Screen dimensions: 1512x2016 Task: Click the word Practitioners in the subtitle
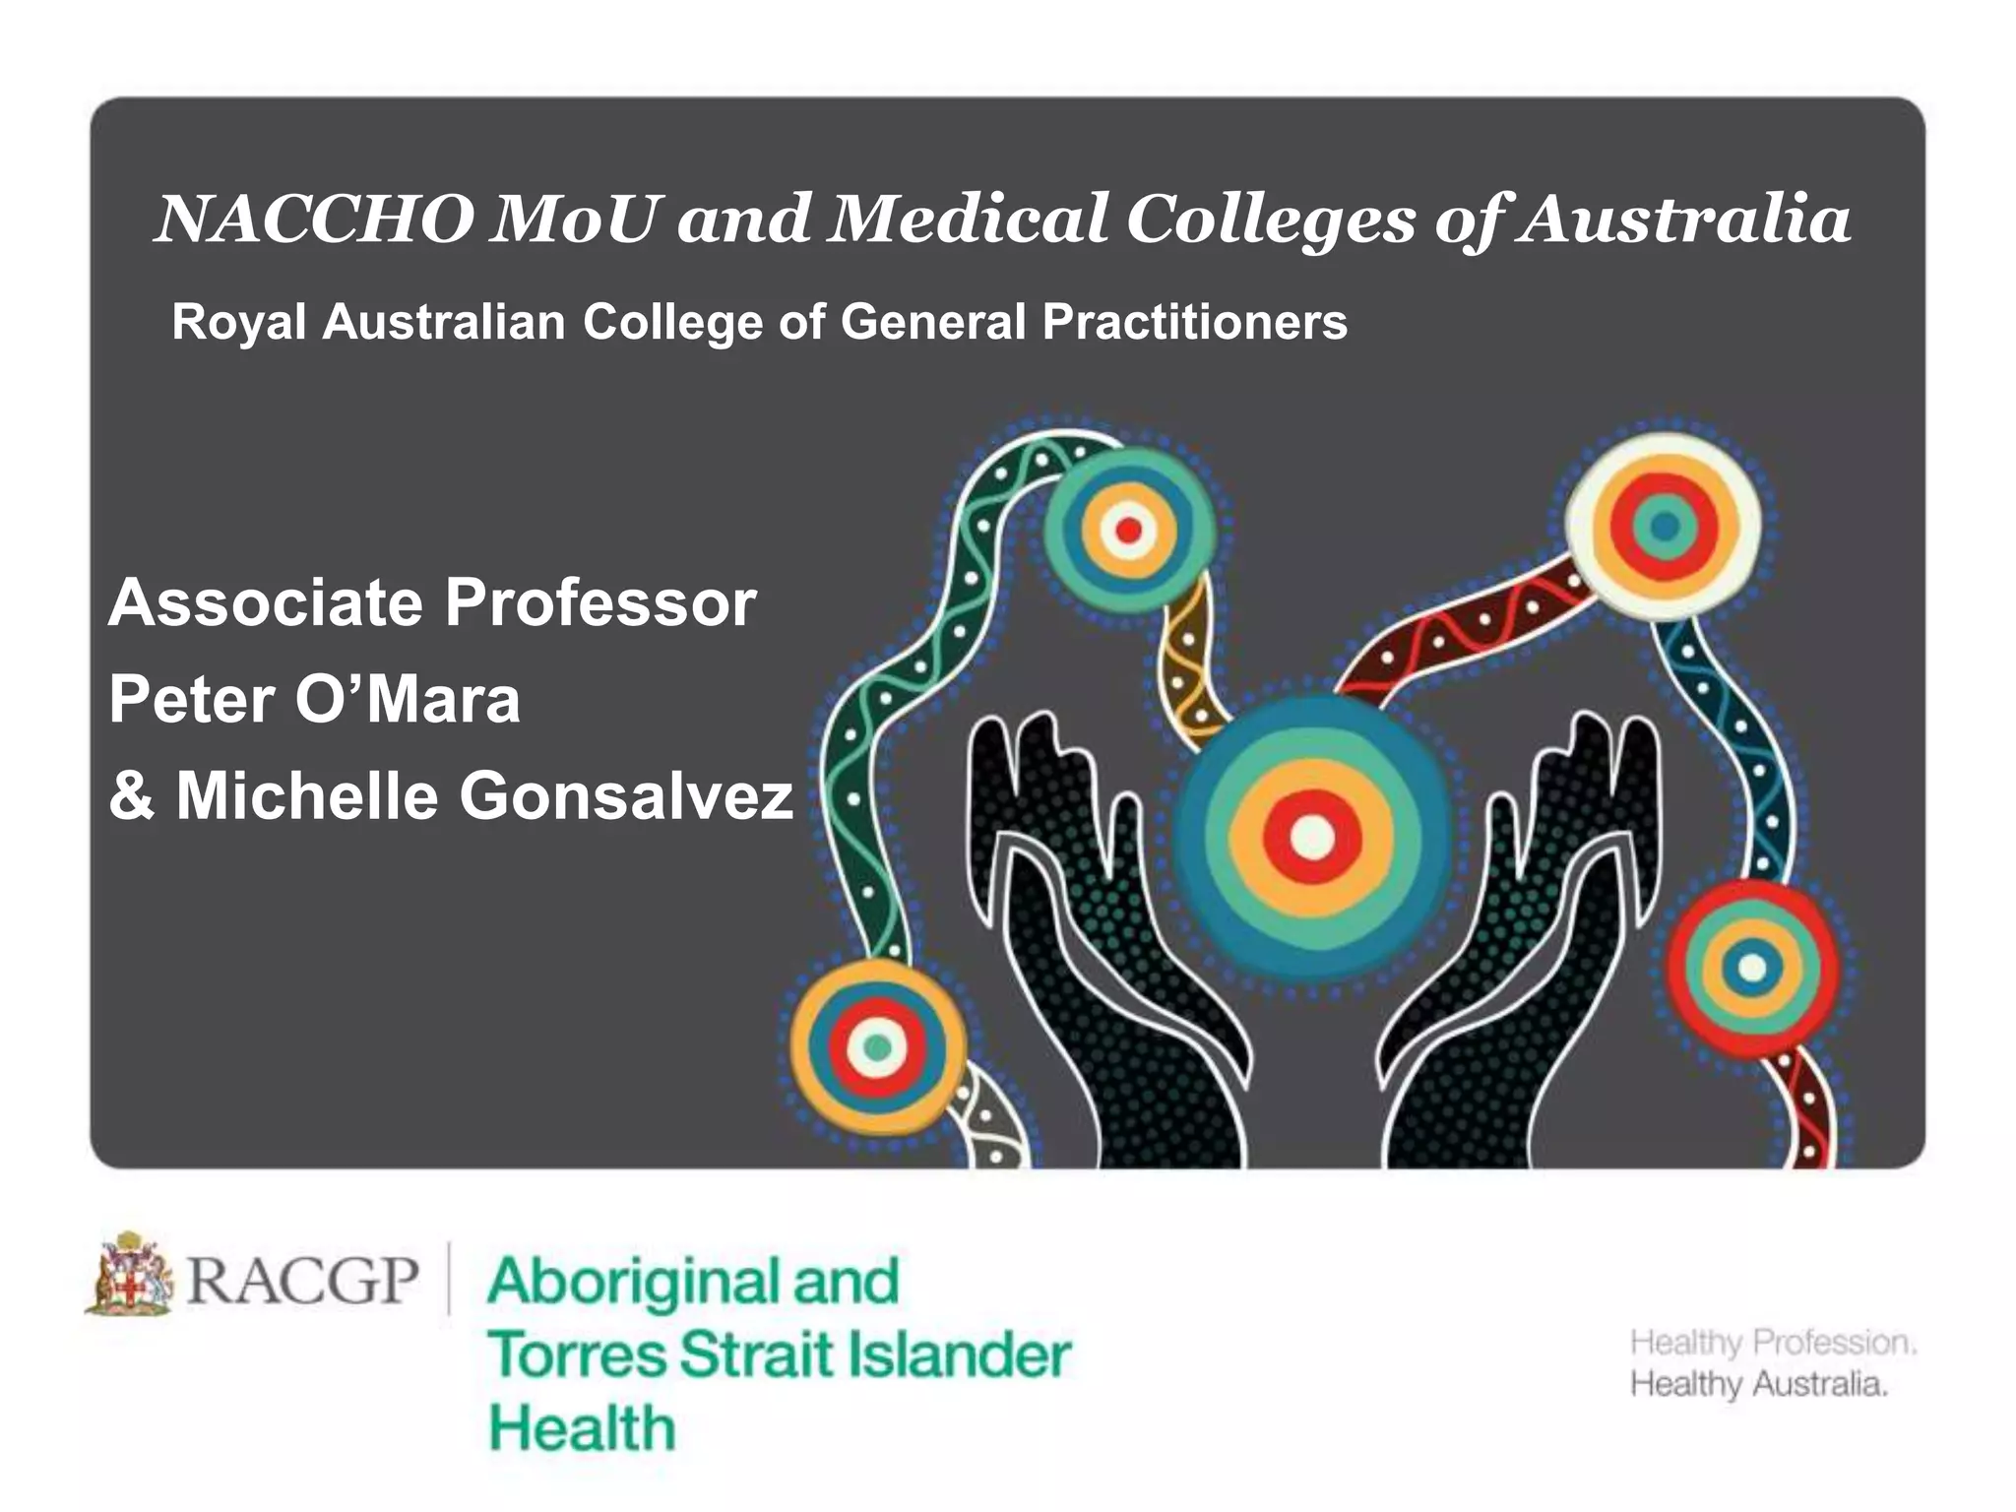point(1195,322)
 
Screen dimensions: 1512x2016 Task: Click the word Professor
point(600,602)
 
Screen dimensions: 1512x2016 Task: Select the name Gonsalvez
point(626,795)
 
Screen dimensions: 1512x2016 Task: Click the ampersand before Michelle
point(133,795)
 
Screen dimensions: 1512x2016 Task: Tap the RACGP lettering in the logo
point(302,1280)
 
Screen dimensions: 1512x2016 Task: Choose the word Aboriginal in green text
point(630,1283)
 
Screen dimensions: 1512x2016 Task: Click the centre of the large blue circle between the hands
point(1311,838)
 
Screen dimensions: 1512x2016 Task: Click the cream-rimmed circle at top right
point(1665,526)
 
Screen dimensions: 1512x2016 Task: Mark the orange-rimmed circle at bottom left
point(877,1046)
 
